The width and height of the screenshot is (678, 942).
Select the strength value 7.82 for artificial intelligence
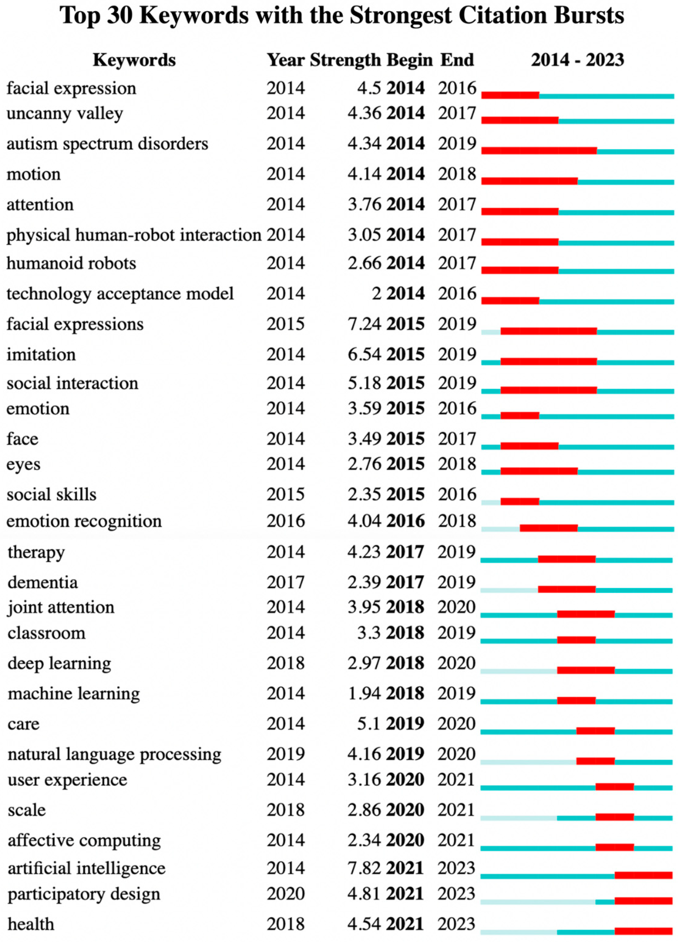(364, 868)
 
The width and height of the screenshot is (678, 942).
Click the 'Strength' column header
(345, 60)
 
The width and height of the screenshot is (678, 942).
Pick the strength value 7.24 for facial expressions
(364, 324)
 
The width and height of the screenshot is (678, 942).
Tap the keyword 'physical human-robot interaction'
(134, 235)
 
